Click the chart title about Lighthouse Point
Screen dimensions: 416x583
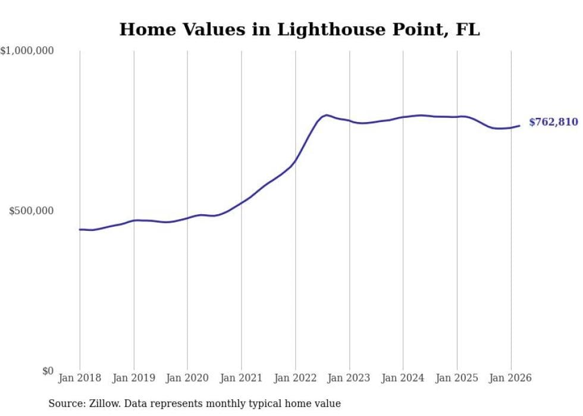(x=299, y=29)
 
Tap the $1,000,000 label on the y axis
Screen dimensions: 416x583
(x=27, y=51)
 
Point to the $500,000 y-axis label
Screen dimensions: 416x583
(x=32, y=211)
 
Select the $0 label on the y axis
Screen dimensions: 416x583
(x=48, y=371)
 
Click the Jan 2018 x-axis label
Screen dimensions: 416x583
(x=80, y=378)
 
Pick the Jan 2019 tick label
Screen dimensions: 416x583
(x=134, y=378)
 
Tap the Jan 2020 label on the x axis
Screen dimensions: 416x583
(x=187, y=378)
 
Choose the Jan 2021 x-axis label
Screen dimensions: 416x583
(x=242, y=378)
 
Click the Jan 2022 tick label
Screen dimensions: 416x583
(x=295, y=378)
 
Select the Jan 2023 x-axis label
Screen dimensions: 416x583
(x=349, y=378)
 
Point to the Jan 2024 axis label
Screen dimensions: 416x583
(x=403, y=378)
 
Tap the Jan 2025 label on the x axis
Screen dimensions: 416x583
(x=457, y=378)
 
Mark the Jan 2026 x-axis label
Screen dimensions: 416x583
(x=510, y=378)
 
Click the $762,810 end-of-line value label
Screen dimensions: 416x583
(x=553, y=122)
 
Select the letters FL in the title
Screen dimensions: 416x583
(x=468, y=29)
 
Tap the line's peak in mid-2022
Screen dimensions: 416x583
(x=327, y=115)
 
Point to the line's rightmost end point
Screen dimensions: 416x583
(x=519, y=126)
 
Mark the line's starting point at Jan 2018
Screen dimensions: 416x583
(x=80, y=229)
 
